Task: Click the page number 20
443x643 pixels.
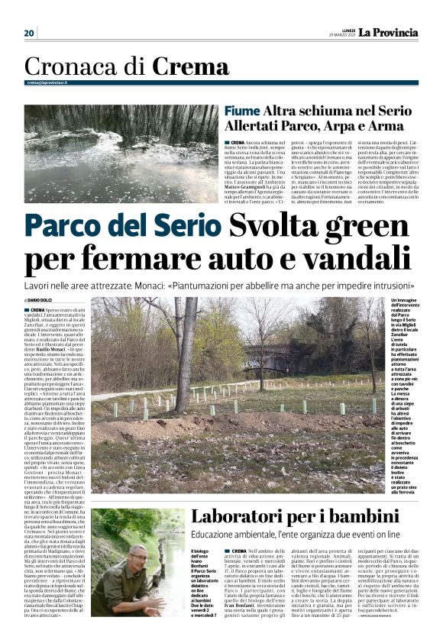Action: [29, 33]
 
